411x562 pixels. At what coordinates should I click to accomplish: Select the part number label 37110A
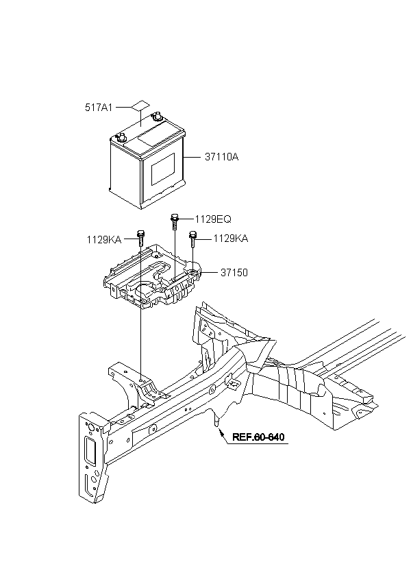(221, 157)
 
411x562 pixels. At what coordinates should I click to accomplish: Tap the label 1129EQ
(213, 219)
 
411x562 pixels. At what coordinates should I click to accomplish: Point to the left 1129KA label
(103, 239)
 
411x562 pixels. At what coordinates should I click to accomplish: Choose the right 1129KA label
(230, 239)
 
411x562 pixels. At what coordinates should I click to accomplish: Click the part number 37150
(234, 272)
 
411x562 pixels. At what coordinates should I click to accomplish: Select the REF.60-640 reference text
(258, 437)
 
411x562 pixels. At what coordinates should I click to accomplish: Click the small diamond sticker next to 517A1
(140, 107)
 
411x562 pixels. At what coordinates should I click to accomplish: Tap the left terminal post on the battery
(121, 137)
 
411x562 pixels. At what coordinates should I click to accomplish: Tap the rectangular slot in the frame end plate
(88, 454)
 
